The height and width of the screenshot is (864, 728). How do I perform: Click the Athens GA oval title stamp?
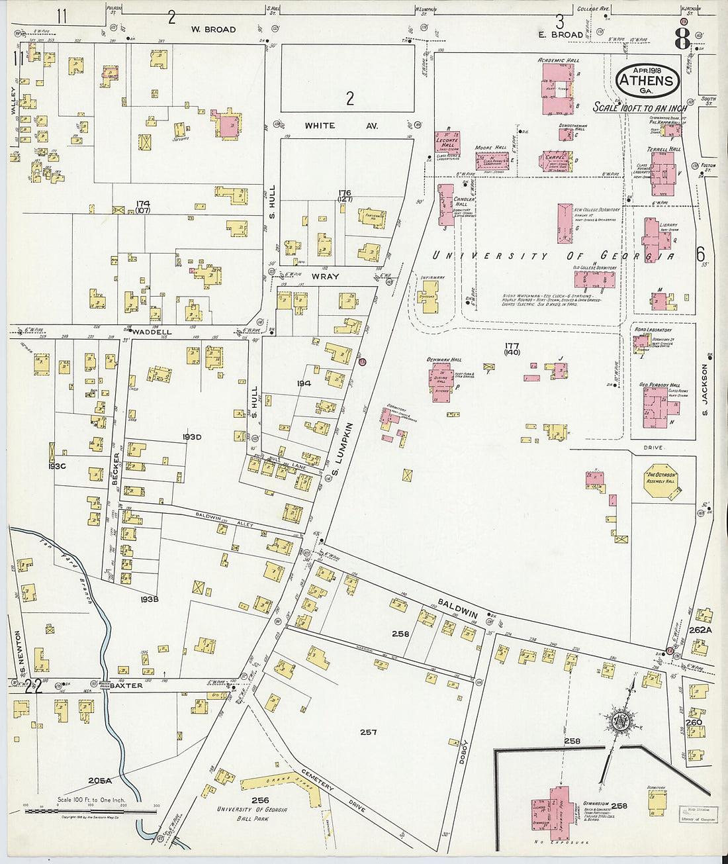point(647,81)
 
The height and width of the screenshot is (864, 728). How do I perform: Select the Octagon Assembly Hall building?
point(660,478)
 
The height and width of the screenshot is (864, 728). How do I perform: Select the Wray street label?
point(325,277)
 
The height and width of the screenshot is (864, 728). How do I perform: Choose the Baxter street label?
point(126,686)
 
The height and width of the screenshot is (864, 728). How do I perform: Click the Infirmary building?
point(430,296)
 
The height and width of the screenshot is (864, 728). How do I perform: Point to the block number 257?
point(368,732)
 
